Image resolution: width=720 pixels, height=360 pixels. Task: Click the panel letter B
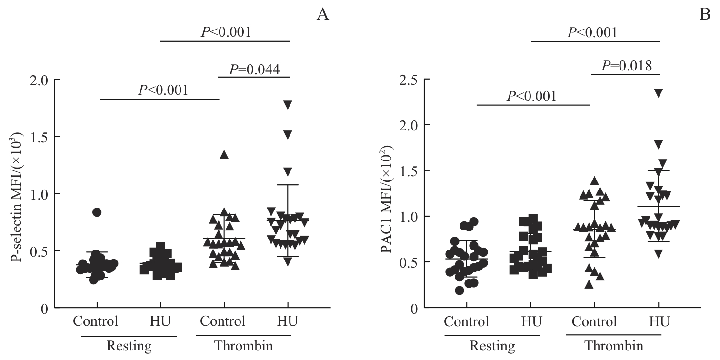pos(704,15)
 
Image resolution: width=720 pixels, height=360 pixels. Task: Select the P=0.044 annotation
pos(254,70)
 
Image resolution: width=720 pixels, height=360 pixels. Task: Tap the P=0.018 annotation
pos(625,66)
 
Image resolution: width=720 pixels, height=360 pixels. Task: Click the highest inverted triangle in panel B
pos(659,93)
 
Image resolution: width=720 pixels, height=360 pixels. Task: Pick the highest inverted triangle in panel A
pos(288,104)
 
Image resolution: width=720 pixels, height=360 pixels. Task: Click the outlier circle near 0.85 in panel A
pos(97,212)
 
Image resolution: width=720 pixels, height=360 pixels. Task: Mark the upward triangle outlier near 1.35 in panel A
pos(224,154)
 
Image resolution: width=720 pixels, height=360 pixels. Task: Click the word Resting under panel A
pos(129,346)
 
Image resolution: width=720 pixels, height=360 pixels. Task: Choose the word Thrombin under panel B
pos(614,346)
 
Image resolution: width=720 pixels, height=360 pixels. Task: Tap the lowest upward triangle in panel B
pos(589,284)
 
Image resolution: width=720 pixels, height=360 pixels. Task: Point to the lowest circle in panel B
pos(460,290)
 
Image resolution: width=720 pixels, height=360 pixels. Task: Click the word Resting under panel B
pos(492,346)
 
